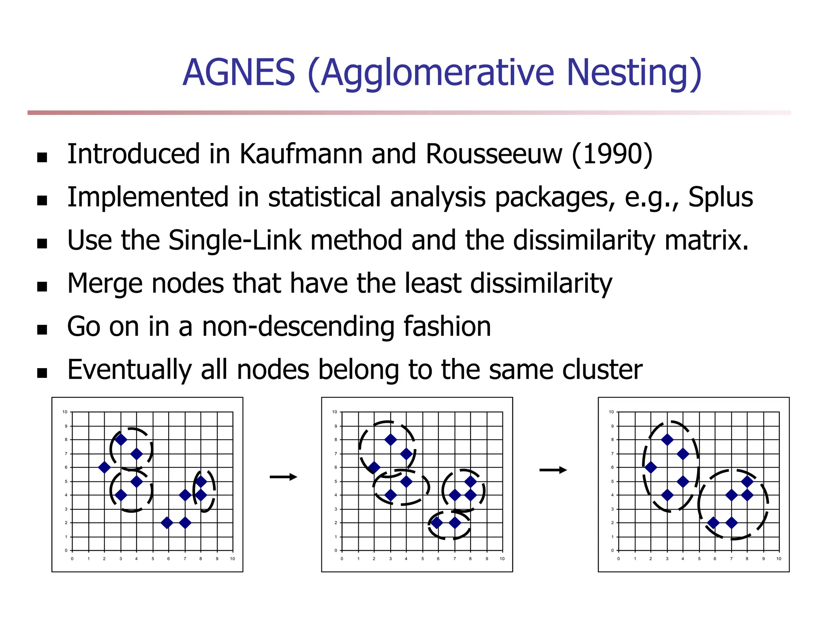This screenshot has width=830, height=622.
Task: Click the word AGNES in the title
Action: pos(239,72)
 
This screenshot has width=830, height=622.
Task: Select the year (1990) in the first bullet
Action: pos(612,154)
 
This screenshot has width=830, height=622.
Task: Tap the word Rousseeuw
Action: pos(494,154)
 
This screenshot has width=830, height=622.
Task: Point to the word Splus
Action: pos(720,198)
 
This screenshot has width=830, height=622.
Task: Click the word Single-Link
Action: pos(235,241)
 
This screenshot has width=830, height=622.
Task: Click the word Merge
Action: pos(105,283)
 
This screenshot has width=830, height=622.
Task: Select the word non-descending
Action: pos(298,327)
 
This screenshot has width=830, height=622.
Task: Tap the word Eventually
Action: pos(129,370)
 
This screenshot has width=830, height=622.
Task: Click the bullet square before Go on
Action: pos(42,330)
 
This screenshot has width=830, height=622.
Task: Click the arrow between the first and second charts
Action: pos(283,477)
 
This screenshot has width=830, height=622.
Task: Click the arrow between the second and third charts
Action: pos(553,470)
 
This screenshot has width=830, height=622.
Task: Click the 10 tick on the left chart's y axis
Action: pos(65,412)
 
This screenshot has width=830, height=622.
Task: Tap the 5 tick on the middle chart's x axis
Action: pos(422,559)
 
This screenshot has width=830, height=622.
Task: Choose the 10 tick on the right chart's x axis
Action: pos(779,559)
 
